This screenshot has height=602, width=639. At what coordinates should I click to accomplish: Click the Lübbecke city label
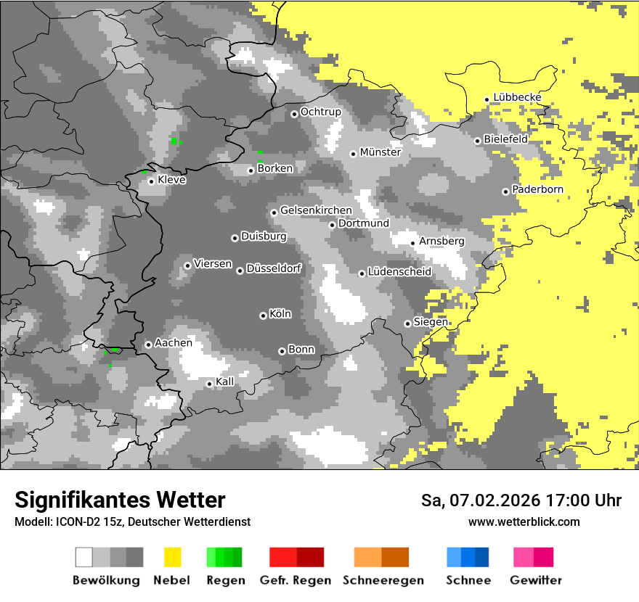[517, 97]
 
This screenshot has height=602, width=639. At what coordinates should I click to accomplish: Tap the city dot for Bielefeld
[478, 141]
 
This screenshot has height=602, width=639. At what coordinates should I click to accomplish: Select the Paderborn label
[537, 189]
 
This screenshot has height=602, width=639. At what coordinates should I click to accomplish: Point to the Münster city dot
[353, 154]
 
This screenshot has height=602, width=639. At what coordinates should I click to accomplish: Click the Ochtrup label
[320, 112]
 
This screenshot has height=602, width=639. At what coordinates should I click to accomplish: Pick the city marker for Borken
[251, 170]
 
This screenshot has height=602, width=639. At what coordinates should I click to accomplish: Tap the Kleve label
[171, 180]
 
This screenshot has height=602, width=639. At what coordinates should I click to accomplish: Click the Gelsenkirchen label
[316, 210]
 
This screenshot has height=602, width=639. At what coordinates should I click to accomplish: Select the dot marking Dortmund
[332, 225]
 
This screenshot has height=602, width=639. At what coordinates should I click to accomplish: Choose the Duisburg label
[264, 236]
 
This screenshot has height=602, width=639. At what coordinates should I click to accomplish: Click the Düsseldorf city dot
[240, 271]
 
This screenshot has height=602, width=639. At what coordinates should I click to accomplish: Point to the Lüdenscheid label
[399, 271]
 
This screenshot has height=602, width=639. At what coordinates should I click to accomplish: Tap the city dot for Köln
[263, 316]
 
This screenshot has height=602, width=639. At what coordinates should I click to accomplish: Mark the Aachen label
[174, 342]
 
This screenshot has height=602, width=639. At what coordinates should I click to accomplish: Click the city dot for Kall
[209, 384]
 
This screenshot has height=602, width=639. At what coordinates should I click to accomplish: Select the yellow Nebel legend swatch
[172, 557]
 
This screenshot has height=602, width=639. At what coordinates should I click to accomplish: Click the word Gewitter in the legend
[536, 580]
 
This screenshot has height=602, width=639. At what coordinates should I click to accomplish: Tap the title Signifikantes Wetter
[120, 500]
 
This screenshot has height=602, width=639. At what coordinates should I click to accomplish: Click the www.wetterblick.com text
[524, 521]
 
